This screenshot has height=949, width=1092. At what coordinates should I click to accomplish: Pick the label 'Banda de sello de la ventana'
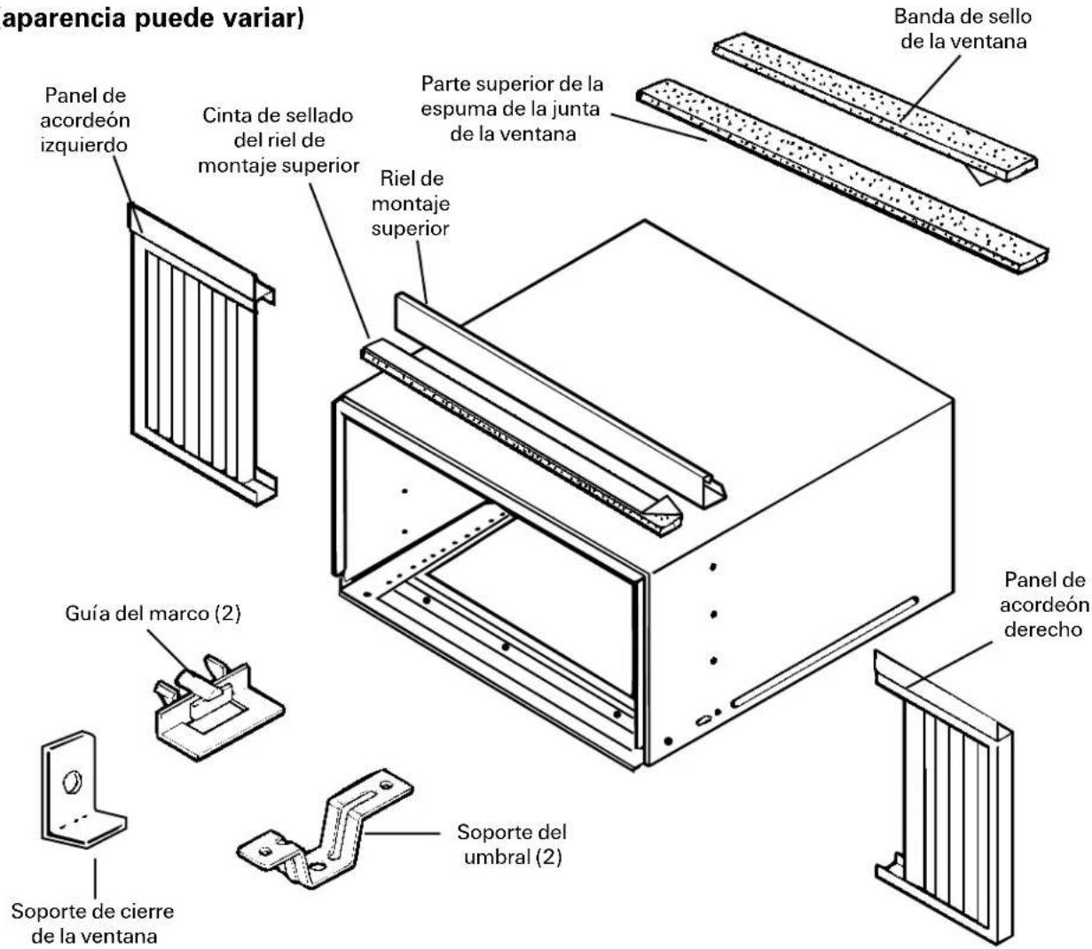click(x=963, y=28)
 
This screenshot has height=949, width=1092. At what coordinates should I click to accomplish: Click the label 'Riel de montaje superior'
click(x=411, y=203)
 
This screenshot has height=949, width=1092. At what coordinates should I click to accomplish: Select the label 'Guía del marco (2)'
click(x=153, y=613)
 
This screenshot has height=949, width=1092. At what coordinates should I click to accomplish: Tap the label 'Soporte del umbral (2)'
click(x=512, y=844)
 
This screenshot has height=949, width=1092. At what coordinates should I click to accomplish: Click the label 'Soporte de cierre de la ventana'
click(x=92, y=923)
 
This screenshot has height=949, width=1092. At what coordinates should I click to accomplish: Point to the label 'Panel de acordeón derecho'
click(x=1044, y=604)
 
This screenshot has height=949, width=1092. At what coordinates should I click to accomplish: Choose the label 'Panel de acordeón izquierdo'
click(x=85, y=120)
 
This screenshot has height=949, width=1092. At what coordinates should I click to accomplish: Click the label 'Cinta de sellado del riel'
click(x=278, y=140)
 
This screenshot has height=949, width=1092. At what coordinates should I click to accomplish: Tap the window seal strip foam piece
click(x=876, y=106)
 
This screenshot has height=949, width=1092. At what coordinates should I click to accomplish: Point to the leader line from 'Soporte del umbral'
click(x=403, y=833)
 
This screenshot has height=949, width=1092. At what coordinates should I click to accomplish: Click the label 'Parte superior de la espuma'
click(x=512, y=109)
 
